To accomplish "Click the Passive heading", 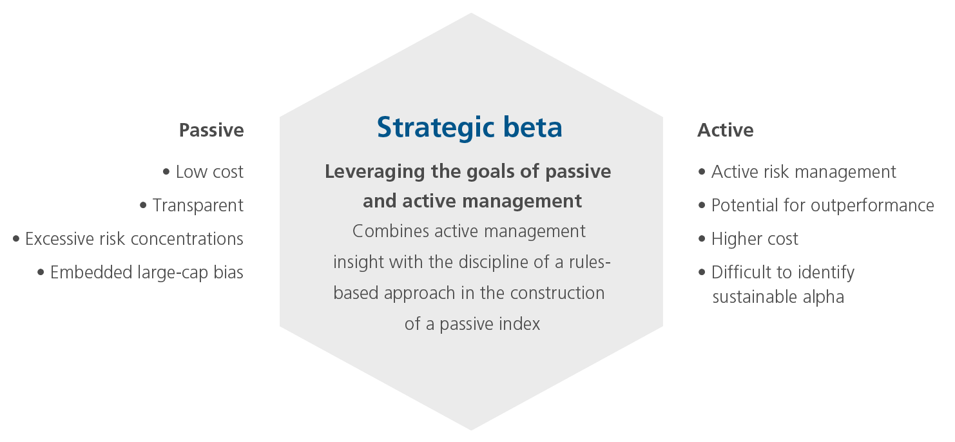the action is (x=211, y=130).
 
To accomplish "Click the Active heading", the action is (x=725, y=130).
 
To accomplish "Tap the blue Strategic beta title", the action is (x=470, y=128).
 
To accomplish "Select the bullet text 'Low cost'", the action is (x=209, y=172).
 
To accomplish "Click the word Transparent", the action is (x=198, y=206).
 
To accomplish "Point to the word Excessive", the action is (x=59, y=239).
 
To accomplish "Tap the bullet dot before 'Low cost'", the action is (x=166, y=172).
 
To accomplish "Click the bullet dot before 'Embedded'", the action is (x=41, y=273).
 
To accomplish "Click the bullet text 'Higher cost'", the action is (x=755, y=239).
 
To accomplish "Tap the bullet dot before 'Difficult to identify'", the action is (x=702, y=273).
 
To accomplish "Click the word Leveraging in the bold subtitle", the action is (x=375, y=172).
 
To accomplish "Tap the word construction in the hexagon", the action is (x=557, y=293).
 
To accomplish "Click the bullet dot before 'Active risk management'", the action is (x=702, y=172).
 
